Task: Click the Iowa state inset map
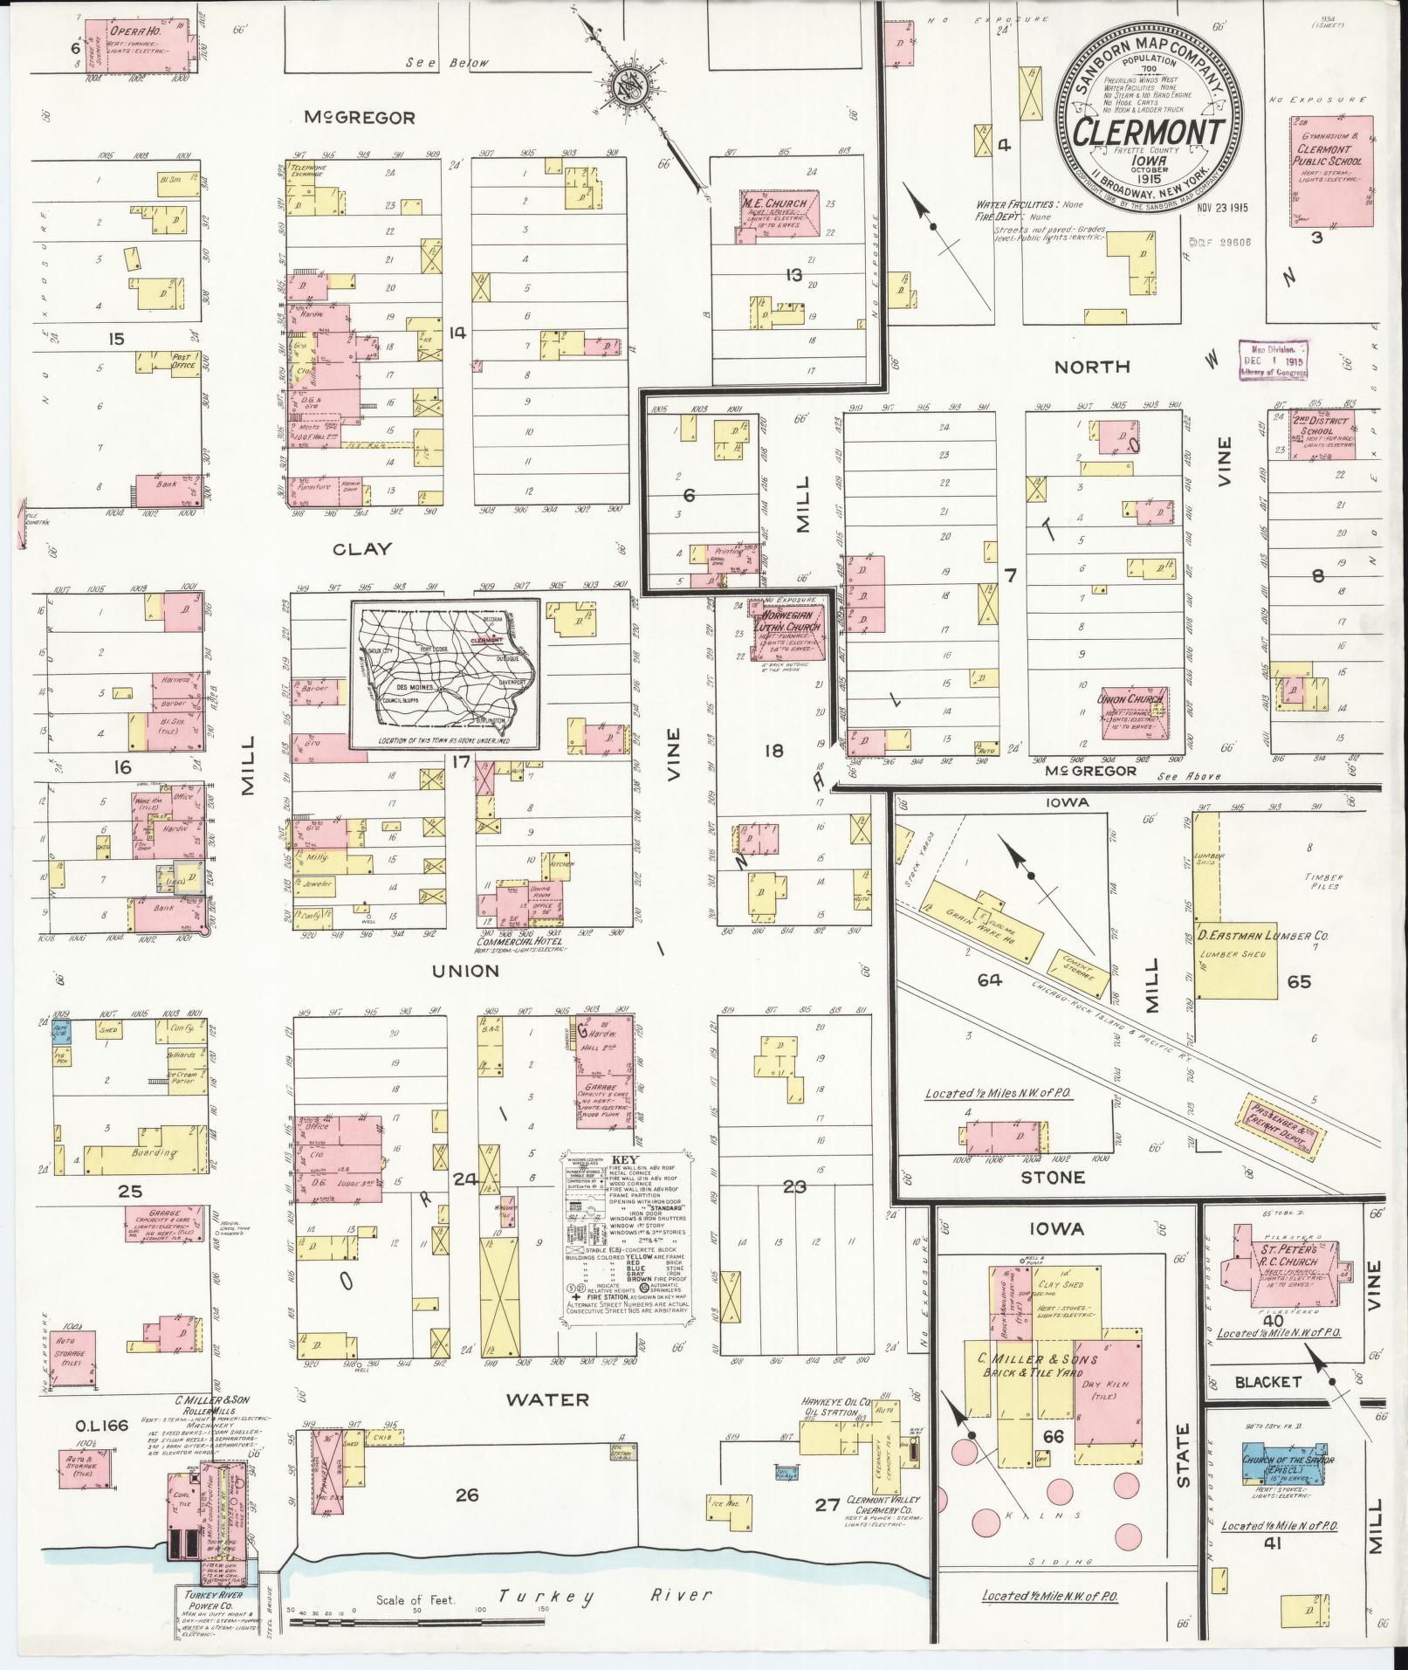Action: [443, 674]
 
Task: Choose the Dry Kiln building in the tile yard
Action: [1105, 1388]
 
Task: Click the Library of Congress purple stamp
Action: [1274, 360]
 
